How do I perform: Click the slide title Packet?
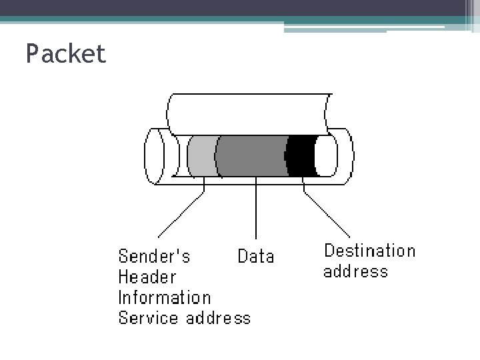(65, 54)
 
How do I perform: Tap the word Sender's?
(154, 257)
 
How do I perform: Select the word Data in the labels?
(256, 257)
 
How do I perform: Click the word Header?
(147, 277)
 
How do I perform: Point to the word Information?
(164, 297)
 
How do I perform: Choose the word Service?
(149, 318)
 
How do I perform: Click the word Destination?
(369, 251)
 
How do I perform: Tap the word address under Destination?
(355, 271)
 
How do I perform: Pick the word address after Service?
(218, 318)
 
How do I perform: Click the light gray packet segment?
(201, 156)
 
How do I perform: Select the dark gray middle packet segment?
(252, 156)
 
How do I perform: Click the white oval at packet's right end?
(326, 156)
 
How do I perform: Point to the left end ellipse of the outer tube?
(154, 156)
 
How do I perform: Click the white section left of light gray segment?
(180, 156)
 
